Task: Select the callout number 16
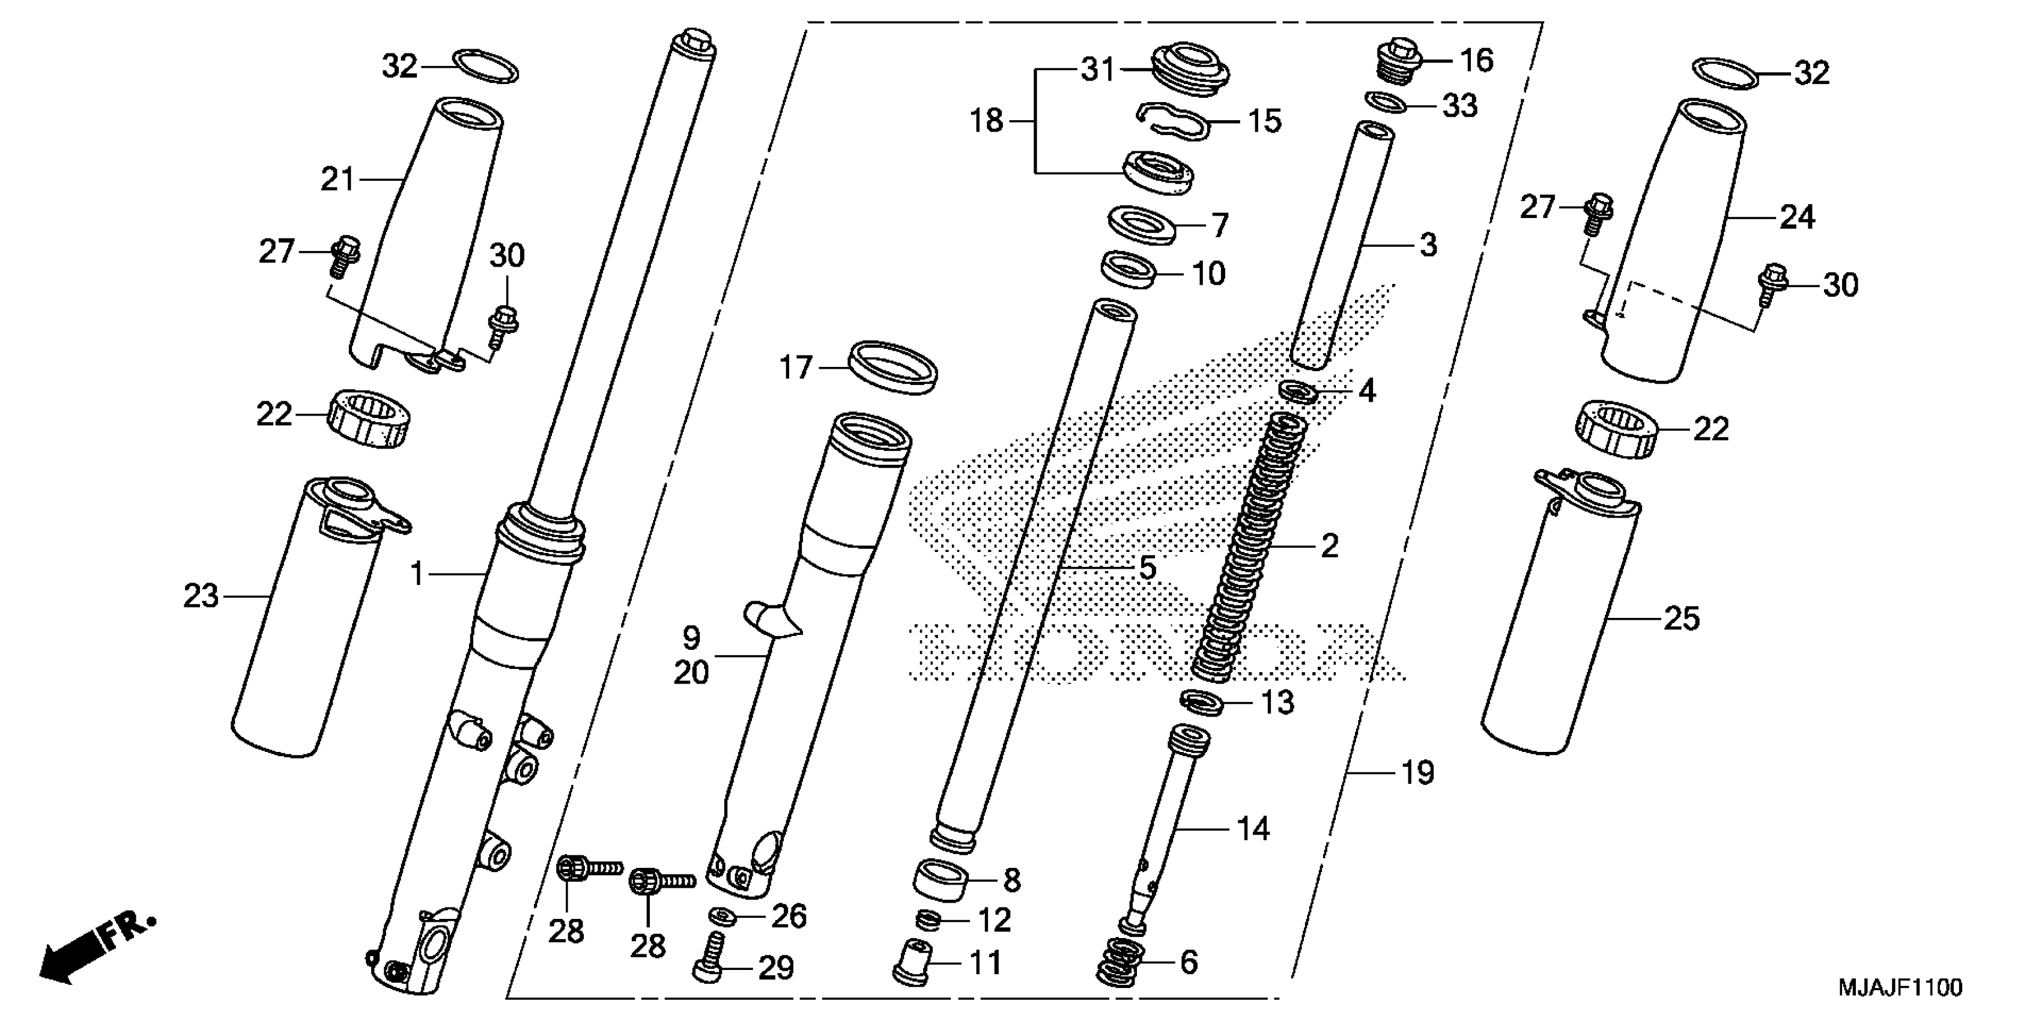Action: pos(1476,60)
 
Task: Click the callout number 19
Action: pos(1417,772)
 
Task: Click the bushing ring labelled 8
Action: pos(941,880)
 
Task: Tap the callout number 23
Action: pos(201,596)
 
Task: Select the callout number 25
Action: pos(1681,619)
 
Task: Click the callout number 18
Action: pos(986,121)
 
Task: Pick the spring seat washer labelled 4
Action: pos(1298,392)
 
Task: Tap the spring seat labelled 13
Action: pos(1202,702)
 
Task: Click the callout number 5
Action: pos(1147,568)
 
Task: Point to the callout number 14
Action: pos(1252,829)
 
